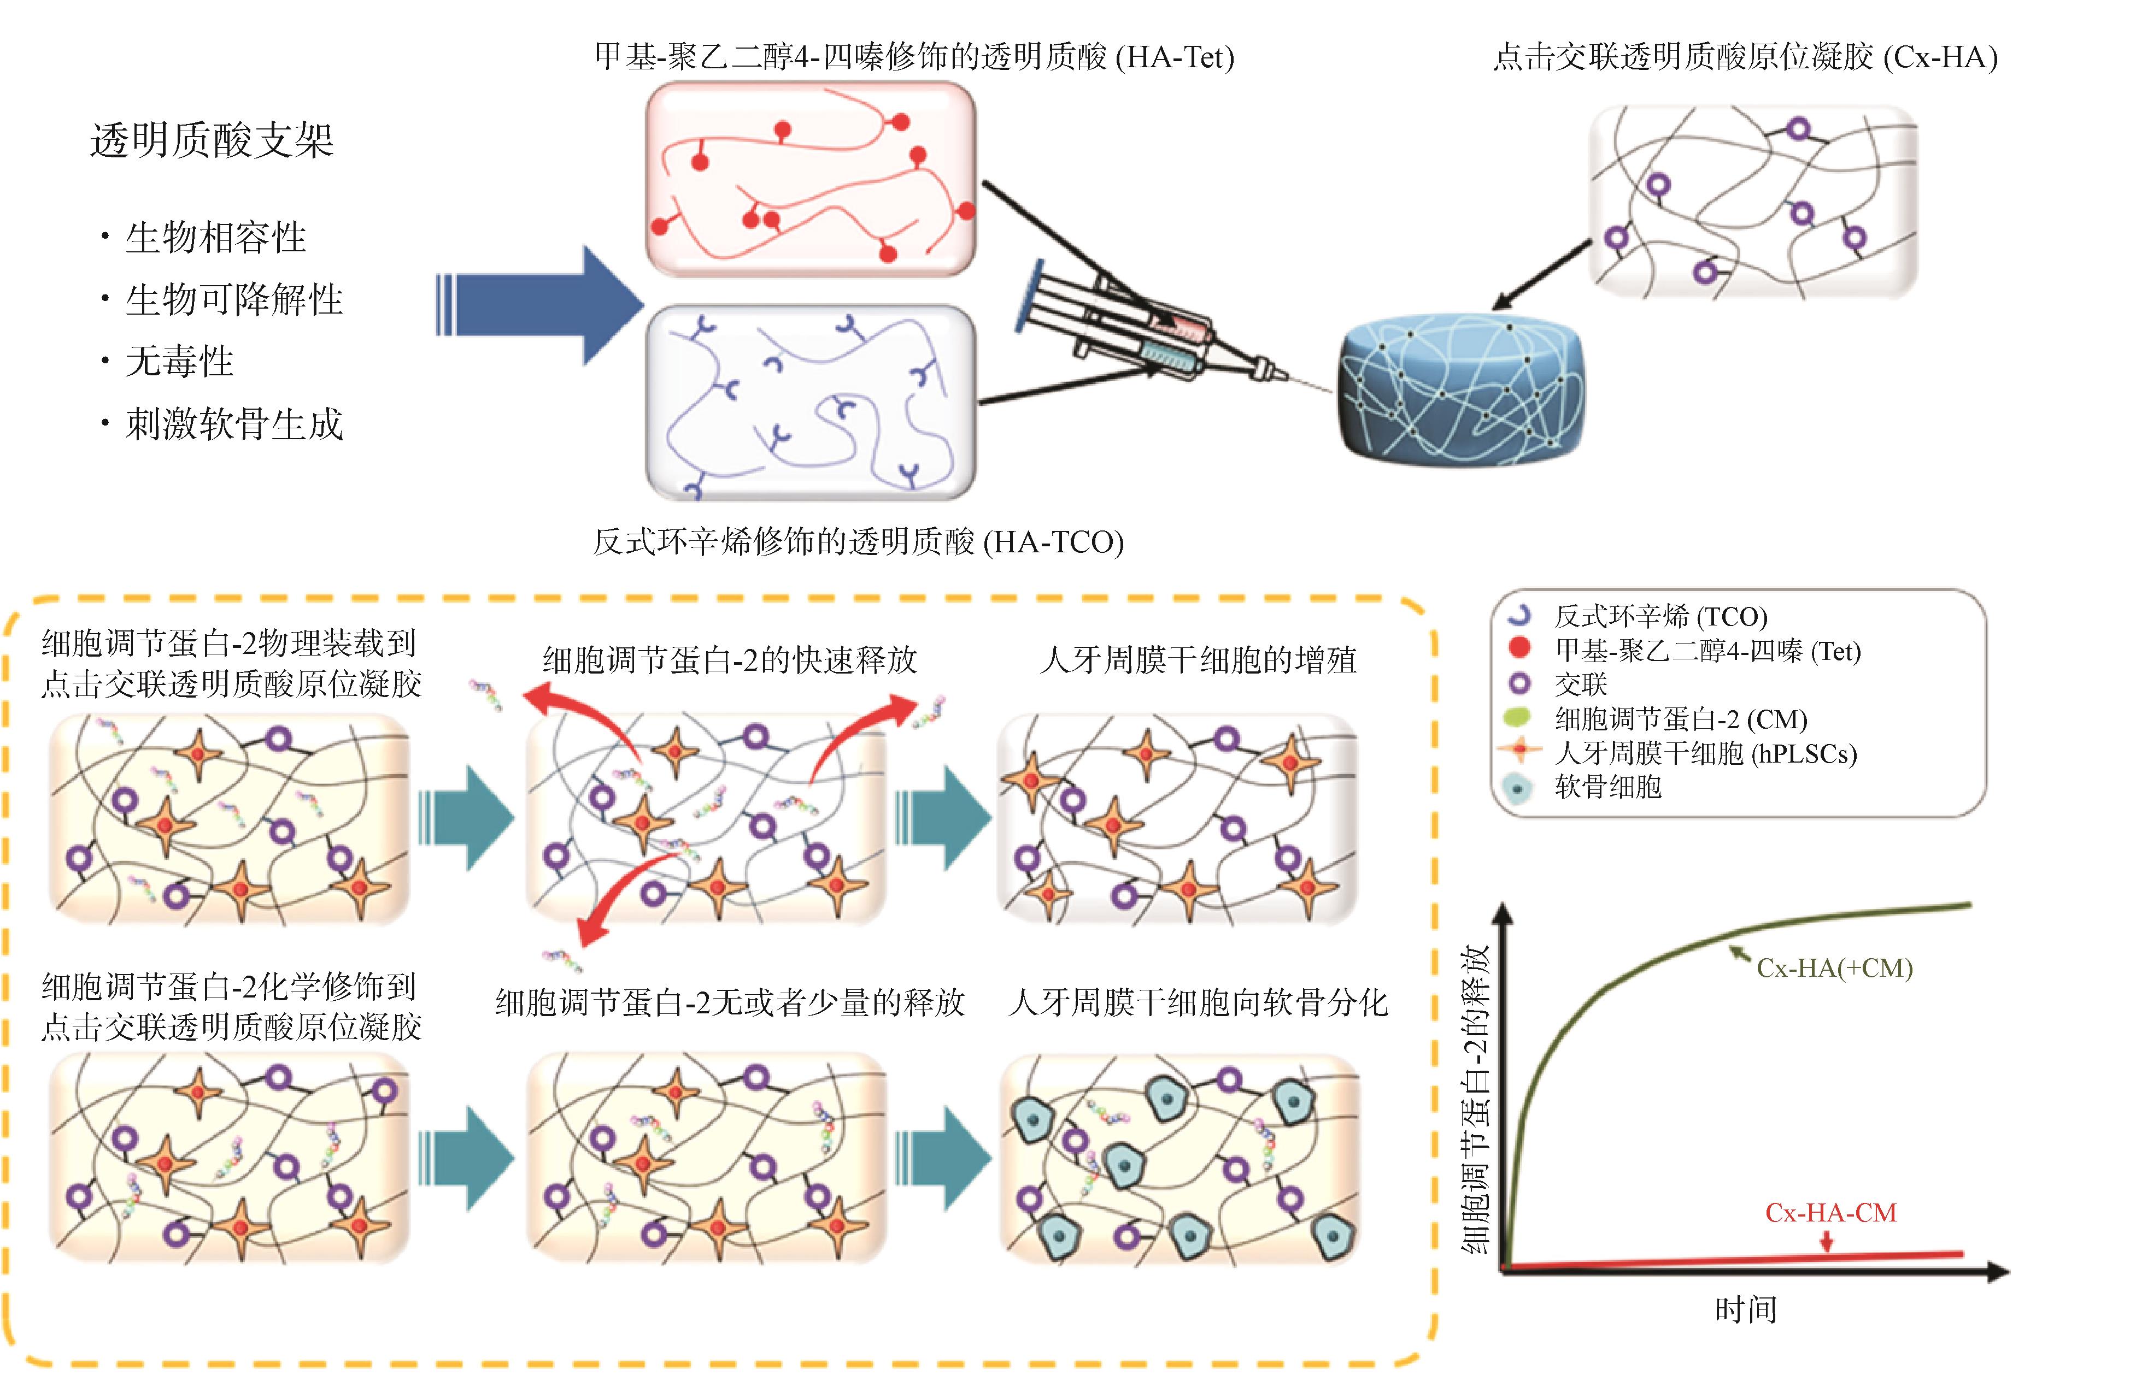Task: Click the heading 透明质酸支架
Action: [x=212, y=141]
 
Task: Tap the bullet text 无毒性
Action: [x=179, y=362]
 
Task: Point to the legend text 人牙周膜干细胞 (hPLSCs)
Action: [x=1705, y=754]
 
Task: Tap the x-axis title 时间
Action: [x=1746, y=1310]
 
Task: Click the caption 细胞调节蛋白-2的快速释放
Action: [x=730, y=660]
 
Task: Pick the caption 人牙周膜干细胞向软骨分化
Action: [x=1198, y=1002]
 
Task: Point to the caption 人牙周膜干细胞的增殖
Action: [x=1198, y=660]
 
